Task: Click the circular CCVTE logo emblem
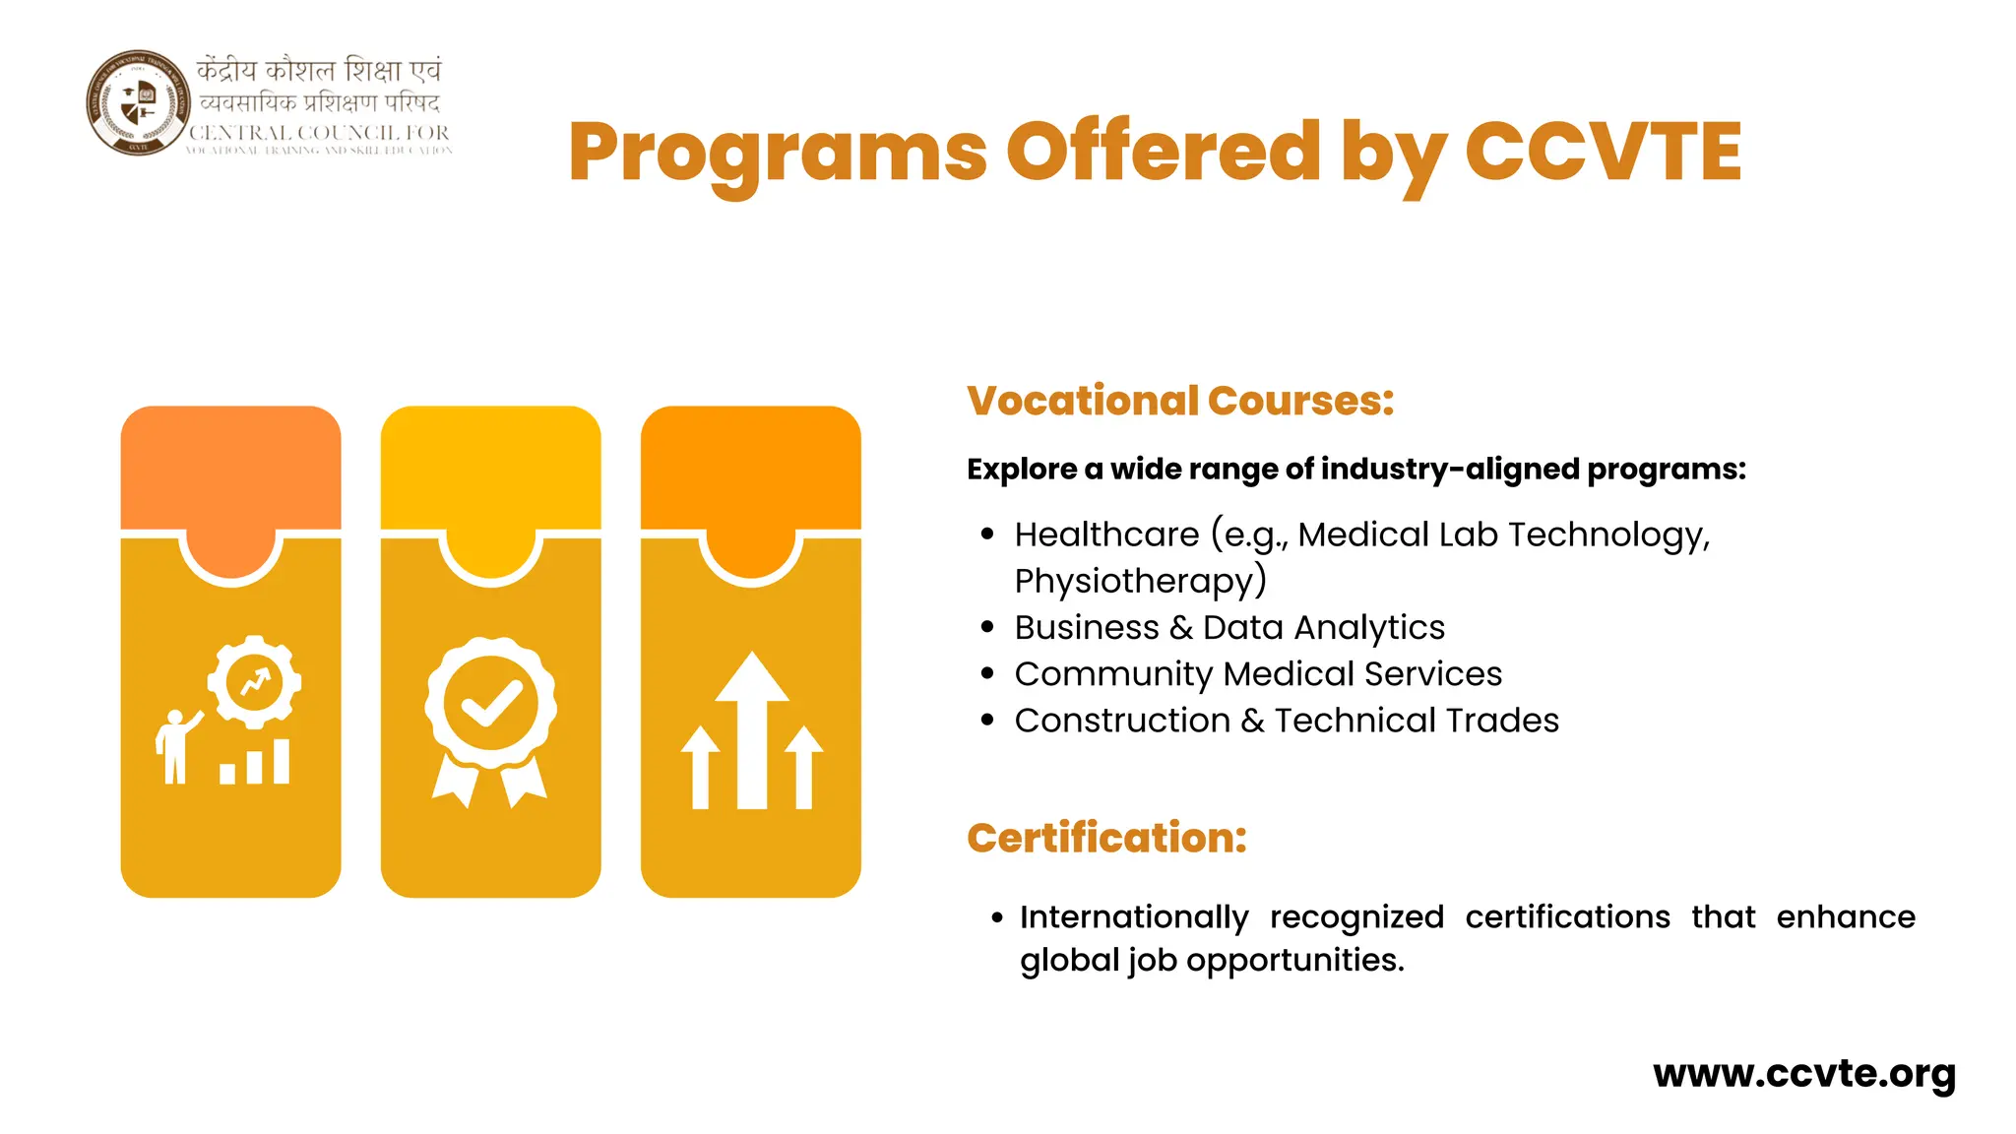click(138, 102)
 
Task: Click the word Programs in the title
click(778, 153)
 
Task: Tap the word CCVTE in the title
click(1604, 153)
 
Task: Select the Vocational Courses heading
click(1180, 401)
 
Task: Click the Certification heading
click(1106, 838)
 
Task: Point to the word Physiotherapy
click(1140, 581)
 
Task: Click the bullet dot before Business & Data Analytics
click(988, 627)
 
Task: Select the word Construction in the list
click(1122, 721)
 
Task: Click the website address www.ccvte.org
click(1804, 1073)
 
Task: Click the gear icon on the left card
click(254, 681)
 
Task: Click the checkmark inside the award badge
click(490, 703)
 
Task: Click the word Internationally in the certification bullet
click(1134, 917)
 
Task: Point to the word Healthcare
click(1106, 535)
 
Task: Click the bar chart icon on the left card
click(255, 763)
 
